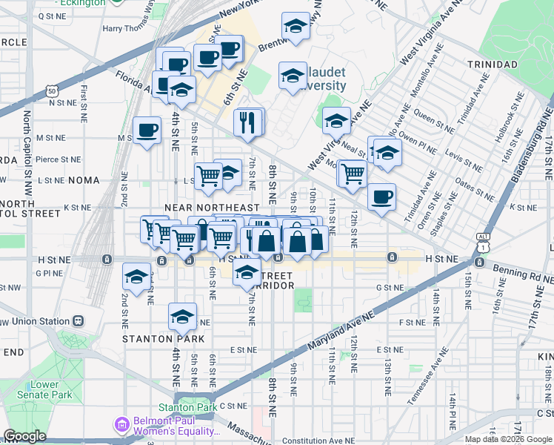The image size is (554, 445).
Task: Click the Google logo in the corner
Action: pyautogui.click(x=24, y=436)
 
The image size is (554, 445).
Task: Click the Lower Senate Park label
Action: pyautogui.click(x=44, y=390)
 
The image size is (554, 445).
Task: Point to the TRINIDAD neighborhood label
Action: pyautogui.click(x=493, y=65)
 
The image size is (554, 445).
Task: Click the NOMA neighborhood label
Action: pyautogui.click(x=88, y=180)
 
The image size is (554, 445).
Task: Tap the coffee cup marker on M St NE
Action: pyautogui.click(x=147, y=131)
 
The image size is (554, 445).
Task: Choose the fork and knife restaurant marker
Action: pyautogui.click(x=249, y=122)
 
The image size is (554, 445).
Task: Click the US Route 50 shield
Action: pyautogui.click(x=51, y=90)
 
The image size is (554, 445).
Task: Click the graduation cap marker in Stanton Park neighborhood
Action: pyautogui.click(x=182, y=317)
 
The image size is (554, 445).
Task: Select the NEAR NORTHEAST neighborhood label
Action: pyautogui.click(x=212, y=208)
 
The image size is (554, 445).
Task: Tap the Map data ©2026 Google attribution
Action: pyautogui.click(x=509, y=439)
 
